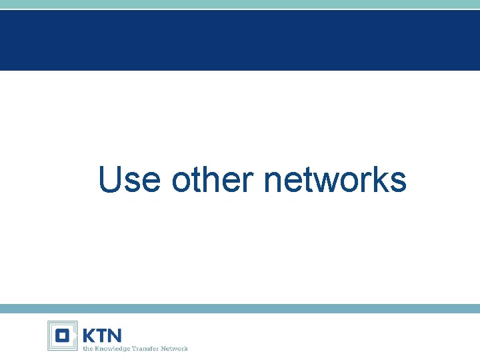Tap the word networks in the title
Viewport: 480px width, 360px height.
[x=335, y=179]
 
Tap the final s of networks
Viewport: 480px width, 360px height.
[x=398, y=182]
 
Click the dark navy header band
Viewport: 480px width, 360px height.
[x=240, y=40]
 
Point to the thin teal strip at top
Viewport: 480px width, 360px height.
[x=240, y=4]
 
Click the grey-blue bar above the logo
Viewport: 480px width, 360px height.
[x=240, y=309]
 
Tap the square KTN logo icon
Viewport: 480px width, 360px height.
[x=62, y=335]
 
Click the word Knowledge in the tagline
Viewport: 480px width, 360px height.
[x=111, y=348]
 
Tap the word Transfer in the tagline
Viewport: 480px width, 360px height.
[x=147, y=348]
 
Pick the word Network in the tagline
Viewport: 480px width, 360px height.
[x=175, y=348]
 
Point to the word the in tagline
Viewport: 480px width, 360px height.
[x=87, y=348]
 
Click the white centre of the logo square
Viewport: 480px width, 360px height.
[x=62, y=335]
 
